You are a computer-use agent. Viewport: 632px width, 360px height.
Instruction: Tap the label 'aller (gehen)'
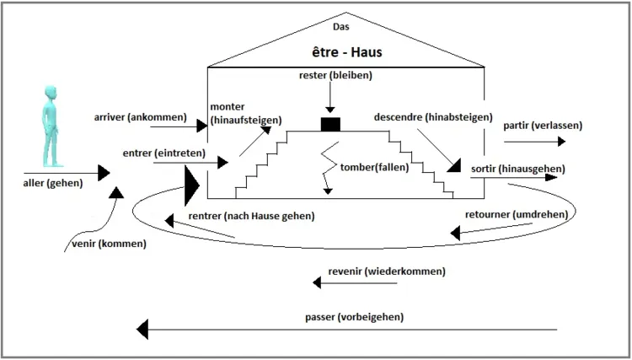(x=54, y=181)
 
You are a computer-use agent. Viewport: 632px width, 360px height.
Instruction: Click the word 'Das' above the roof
(x=341, y=27)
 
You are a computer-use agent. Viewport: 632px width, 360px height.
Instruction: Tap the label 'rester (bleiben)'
(x=335, y=76)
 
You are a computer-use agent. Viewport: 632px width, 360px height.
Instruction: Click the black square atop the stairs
(x=329, y=125)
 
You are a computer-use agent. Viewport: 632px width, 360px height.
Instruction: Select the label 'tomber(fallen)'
(x=374, y=166)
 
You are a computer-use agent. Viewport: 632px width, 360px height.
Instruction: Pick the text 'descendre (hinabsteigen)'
(x=433, y=117)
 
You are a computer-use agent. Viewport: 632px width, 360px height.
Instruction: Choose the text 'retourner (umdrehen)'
(x=516, y=214)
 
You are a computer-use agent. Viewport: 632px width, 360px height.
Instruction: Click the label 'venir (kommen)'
(x=105, y=244)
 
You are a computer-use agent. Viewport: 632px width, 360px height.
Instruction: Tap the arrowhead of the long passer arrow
(x=144, y=328)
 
